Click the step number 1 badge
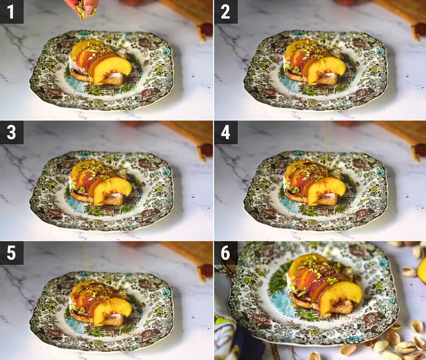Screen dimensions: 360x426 pos(11,11)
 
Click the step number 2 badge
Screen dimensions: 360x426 pos(226,11)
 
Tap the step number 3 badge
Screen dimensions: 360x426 pos(11,132)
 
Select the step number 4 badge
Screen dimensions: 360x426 pos(226,132)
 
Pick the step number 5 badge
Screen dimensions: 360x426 pos(11,252)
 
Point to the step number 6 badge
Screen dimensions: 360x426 pos(226,252)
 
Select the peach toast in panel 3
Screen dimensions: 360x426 pos(101,183)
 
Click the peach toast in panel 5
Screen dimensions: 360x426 pos(101,303)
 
